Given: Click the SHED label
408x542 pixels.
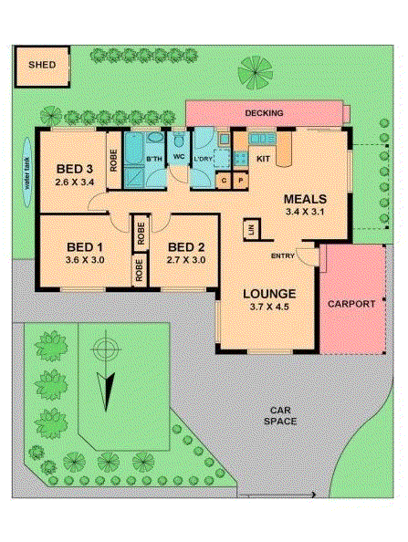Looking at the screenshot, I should pos(42,65).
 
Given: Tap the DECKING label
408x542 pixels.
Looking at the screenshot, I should pos(265,113).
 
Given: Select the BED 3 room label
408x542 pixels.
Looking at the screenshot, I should pos(74,169).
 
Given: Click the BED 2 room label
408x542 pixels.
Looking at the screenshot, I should pos(185,246).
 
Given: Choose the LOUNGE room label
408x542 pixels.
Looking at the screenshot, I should pos(268,294).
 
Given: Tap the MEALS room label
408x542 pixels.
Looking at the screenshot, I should pos(305,198).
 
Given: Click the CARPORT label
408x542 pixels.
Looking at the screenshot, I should pos(350,303).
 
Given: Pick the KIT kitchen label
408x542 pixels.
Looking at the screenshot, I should pos(263,160).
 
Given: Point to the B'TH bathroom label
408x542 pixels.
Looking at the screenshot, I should pos(153,161).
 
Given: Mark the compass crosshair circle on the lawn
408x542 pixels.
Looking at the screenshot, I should pos(107,349).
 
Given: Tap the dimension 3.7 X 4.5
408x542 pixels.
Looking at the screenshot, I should pos(268,308).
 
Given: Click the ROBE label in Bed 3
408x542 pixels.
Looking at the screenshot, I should pos(114,165).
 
